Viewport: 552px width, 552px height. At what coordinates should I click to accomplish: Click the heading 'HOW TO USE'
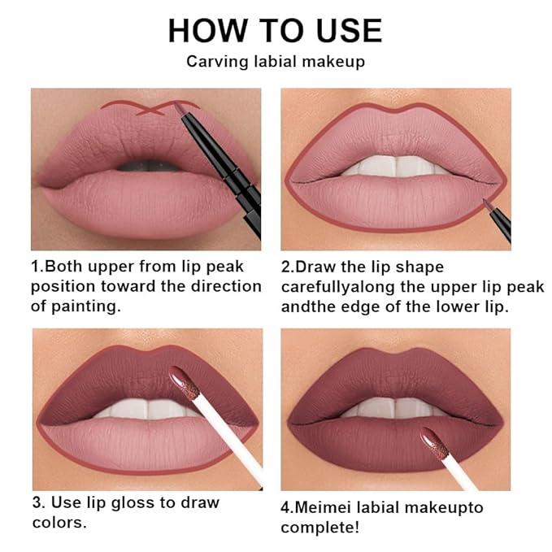click(x=275, y=30)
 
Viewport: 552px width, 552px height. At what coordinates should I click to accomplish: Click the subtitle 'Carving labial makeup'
click(x=275, y=61)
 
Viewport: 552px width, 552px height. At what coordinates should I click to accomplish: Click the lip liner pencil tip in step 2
click(x=489, y=202)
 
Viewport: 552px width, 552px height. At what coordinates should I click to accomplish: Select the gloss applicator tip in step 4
click(x=432, y=440)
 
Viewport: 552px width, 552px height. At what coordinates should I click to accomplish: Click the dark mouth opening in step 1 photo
click(x=146, y=165)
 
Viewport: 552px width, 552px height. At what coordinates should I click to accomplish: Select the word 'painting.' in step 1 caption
click(x=93, y=306)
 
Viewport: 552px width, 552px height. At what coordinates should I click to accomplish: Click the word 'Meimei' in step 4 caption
click(x=322, y=507)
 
